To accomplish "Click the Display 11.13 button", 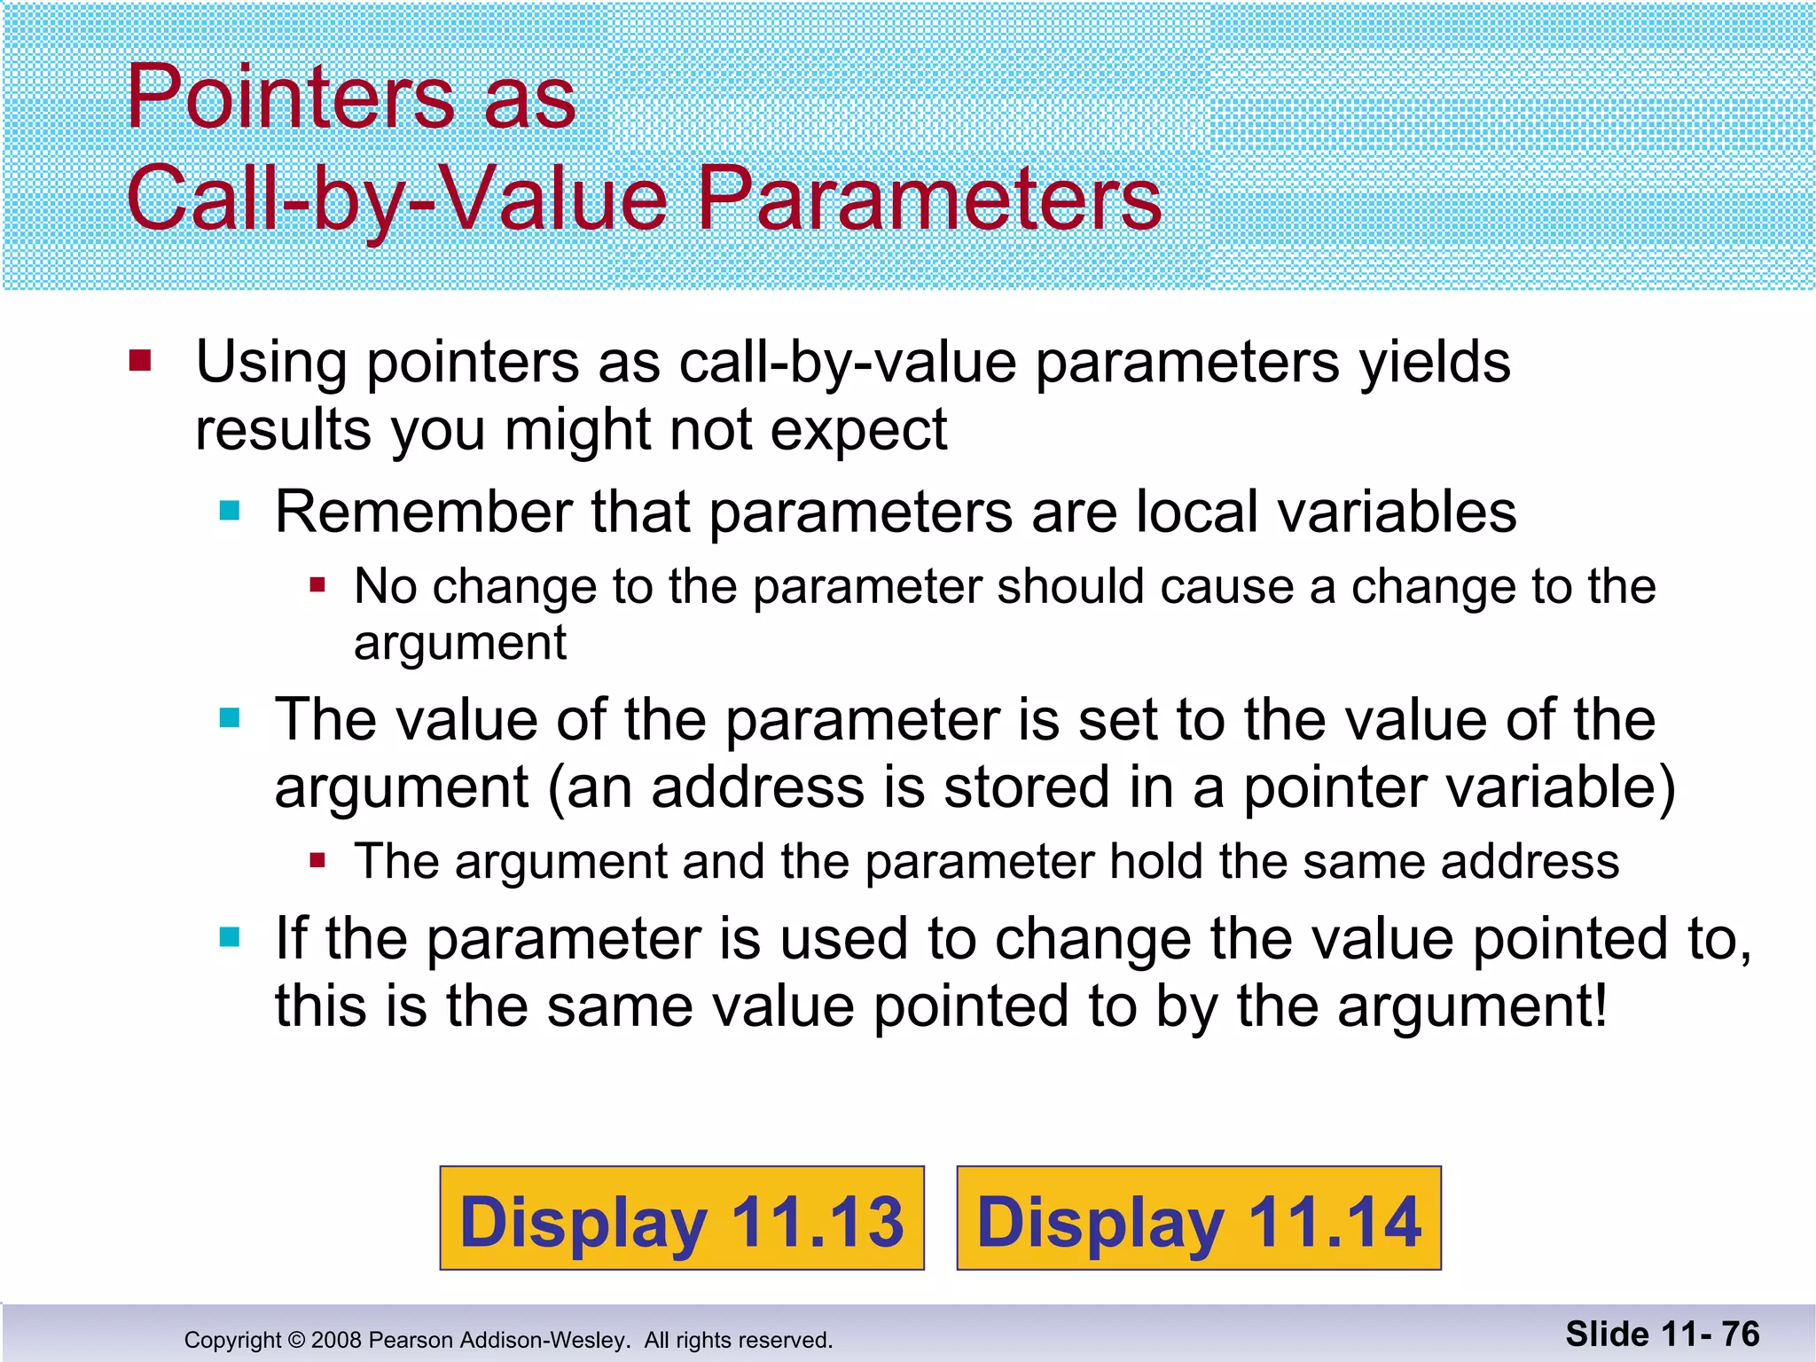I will (681, 1218).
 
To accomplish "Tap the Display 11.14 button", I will (1199, 1218).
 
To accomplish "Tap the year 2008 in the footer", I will (336, 1340).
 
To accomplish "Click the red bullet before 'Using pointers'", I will (140, 361).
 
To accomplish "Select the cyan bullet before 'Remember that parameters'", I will (230, 510).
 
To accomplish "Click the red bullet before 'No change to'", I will (317, 585).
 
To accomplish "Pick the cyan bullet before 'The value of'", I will (230, 717).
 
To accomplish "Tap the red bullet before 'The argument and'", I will (317, 860).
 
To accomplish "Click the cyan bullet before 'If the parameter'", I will (230, 937).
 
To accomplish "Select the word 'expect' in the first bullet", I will (858, 431).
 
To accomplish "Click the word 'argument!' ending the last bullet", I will (1472, 1006).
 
